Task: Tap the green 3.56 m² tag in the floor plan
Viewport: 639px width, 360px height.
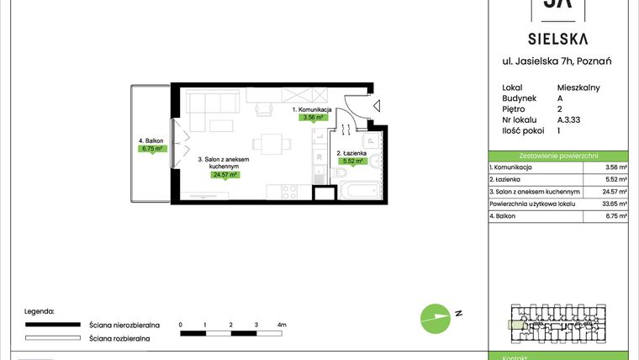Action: (314, 118)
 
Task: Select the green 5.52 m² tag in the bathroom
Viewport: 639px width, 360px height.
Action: (351, 161)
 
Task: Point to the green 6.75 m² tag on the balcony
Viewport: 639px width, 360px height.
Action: (152, 149)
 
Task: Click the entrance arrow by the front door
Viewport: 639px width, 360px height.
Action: (377, 107)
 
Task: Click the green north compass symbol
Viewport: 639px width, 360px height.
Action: (435, 315)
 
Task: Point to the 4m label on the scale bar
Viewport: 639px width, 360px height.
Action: (282, 324)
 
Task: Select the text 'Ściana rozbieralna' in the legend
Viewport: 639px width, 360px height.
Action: (119, 338)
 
